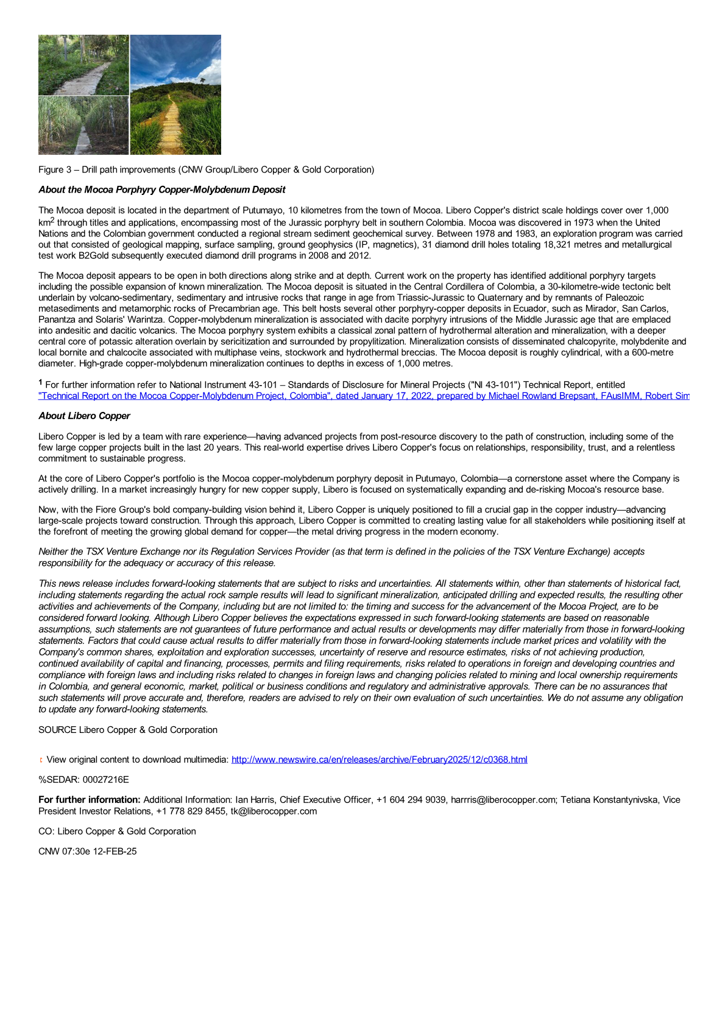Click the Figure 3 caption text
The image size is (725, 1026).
click(x=206, y=169)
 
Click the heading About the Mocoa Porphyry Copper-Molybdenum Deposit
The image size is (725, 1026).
click(x=161, y=189)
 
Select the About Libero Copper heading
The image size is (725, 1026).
click(x=84, y=416)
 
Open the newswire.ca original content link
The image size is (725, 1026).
click(x=379, y=759)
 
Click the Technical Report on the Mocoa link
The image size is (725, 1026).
click(x=363, y=396)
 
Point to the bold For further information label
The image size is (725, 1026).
click(x=89, y=799)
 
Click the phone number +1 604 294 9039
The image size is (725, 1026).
click(x=411, y=799)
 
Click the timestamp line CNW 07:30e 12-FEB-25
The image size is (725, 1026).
click(x=87, y=851)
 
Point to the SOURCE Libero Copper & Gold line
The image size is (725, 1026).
click(x=127, y=730)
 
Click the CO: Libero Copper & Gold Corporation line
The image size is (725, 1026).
click(x=117, y=831)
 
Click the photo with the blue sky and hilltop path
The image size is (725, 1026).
click(x=175, y=94)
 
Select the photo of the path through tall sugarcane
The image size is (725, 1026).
click(x=83, y=126)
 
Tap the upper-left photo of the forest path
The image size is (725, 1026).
click(x=83, y=65)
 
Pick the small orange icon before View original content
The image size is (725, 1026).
click(x=41, y=760)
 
